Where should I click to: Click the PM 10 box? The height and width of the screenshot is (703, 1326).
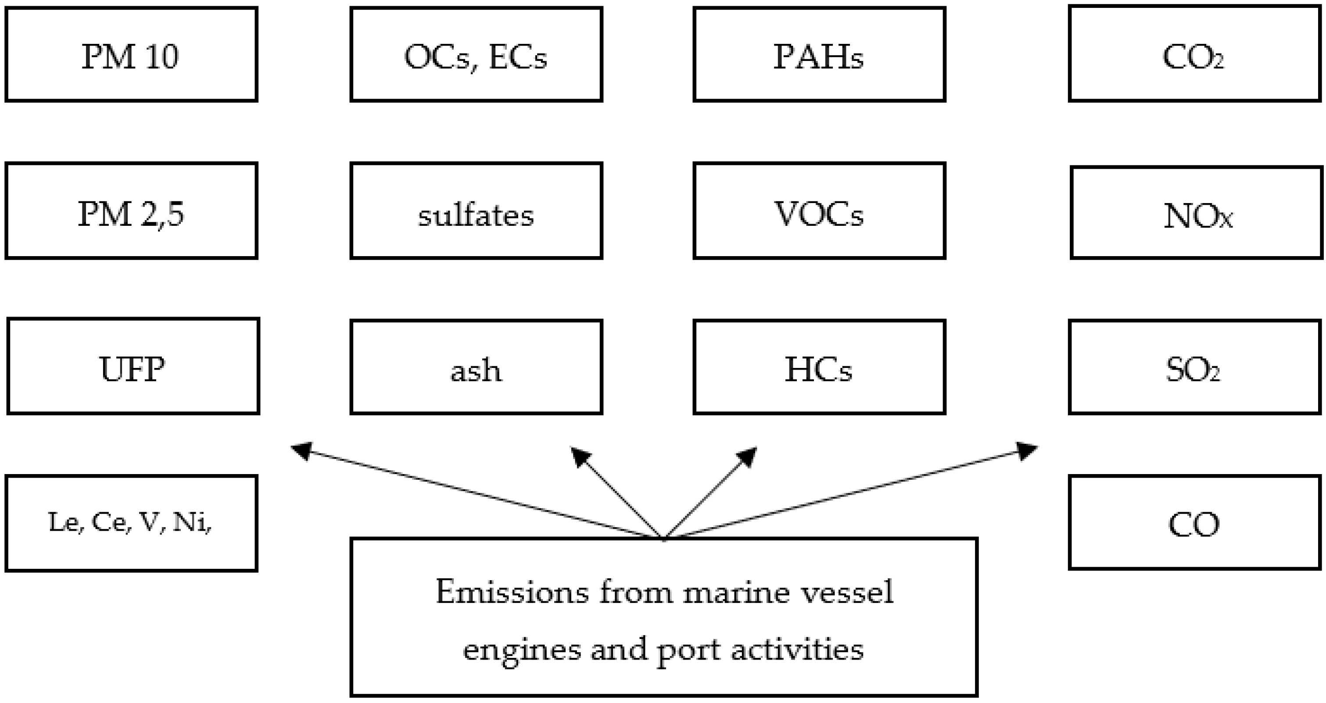pyautogui.click(x=131, y=54)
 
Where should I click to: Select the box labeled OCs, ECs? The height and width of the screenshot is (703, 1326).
pyautogui.click(x=476, y=54)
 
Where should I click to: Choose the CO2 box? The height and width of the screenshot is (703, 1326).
pyautogui.click(x=1194, y=54)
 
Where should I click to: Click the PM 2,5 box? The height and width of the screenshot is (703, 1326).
pyautogui.click(x=131, y=211)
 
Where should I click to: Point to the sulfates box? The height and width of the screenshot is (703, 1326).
pyautogui.click(x=476, y=211)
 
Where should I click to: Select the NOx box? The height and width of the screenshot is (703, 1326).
pyautogui.click(x=1196, y=213)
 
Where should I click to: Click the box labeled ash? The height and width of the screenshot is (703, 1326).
pyautogui.click(x=476, y=368)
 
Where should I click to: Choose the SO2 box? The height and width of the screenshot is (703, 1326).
pyautogui.click(x=1194, y=368)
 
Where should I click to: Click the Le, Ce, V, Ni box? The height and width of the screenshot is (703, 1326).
pyautogui.click(x=131, y=523)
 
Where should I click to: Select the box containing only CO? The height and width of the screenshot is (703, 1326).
pyautogui.click(x=1194, y=523)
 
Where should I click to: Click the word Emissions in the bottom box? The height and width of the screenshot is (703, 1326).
pyautogui.click(x=512, y=592)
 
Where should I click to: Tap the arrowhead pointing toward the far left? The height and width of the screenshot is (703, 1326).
pyautogui.click(x=303, y=451)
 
